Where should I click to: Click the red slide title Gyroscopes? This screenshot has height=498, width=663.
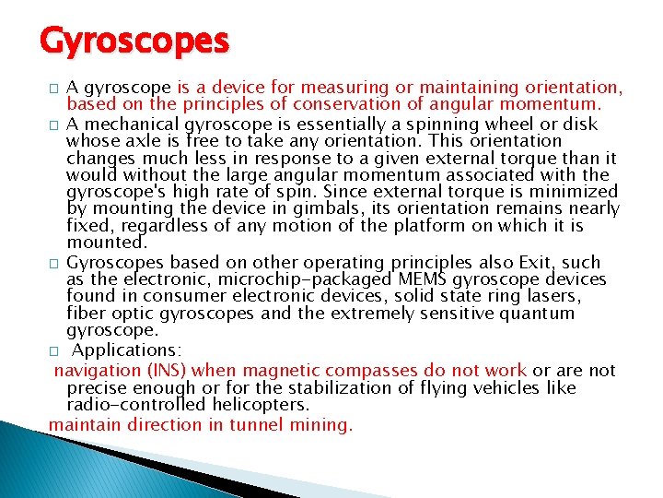[134, 41]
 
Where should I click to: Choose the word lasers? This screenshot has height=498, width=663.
[552, 296]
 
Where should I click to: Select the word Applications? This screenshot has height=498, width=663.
[126, 350]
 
